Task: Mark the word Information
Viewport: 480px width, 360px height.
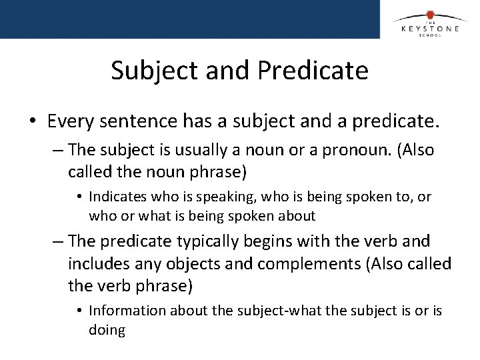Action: [x=127, y=311]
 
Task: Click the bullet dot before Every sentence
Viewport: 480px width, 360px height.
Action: [x=32, y=122]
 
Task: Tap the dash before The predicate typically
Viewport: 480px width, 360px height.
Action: [x=58, y=241]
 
